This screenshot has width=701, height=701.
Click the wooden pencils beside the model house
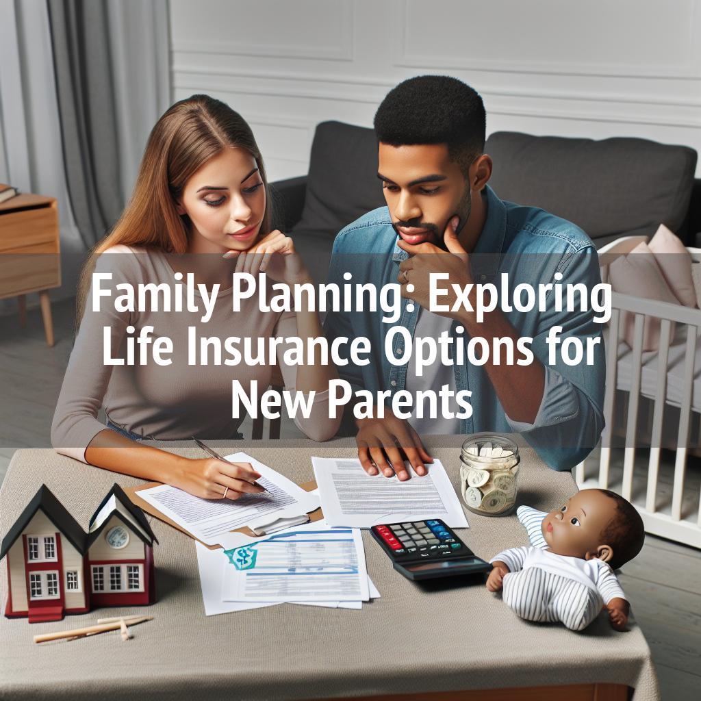click(x=94, y=628)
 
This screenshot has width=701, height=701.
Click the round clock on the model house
click(x=117, y=537)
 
